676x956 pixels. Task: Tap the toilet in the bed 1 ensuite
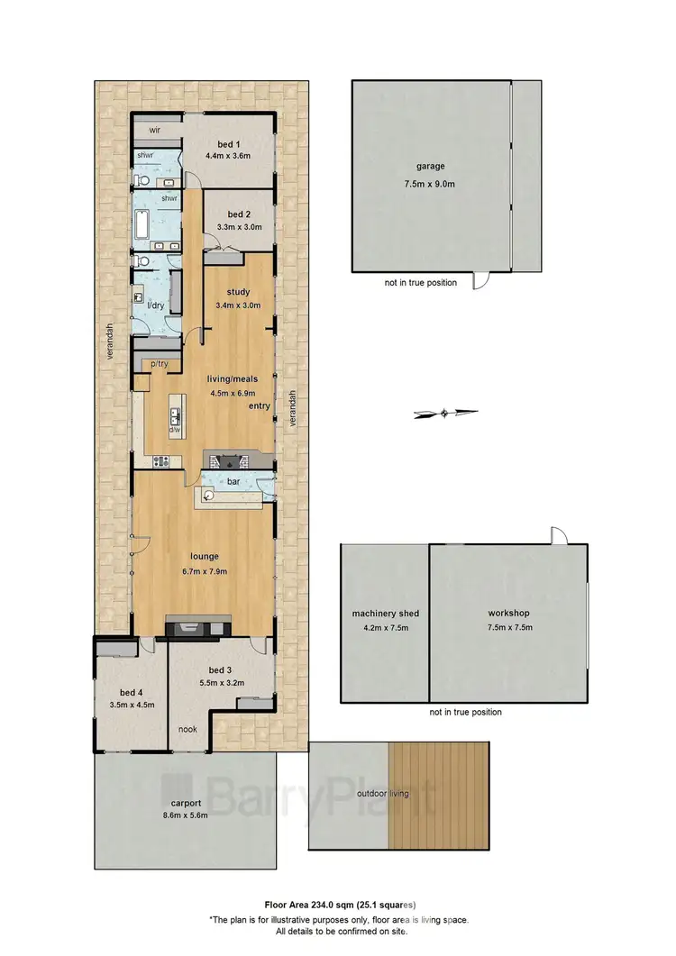coord(142,181)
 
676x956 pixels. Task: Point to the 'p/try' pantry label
coord(160,363)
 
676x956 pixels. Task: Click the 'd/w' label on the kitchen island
coord(175,430)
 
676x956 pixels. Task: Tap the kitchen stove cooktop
coord(161,462)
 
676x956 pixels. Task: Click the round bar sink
coord(209,495)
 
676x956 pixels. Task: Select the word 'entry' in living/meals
coord(260,406)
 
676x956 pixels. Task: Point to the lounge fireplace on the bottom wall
coord(198,626)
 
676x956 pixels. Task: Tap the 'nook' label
coord(187,730)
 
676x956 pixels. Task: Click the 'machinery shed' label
coord(385,614)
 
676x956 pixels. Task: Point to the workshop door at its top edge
coord(559,535)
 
